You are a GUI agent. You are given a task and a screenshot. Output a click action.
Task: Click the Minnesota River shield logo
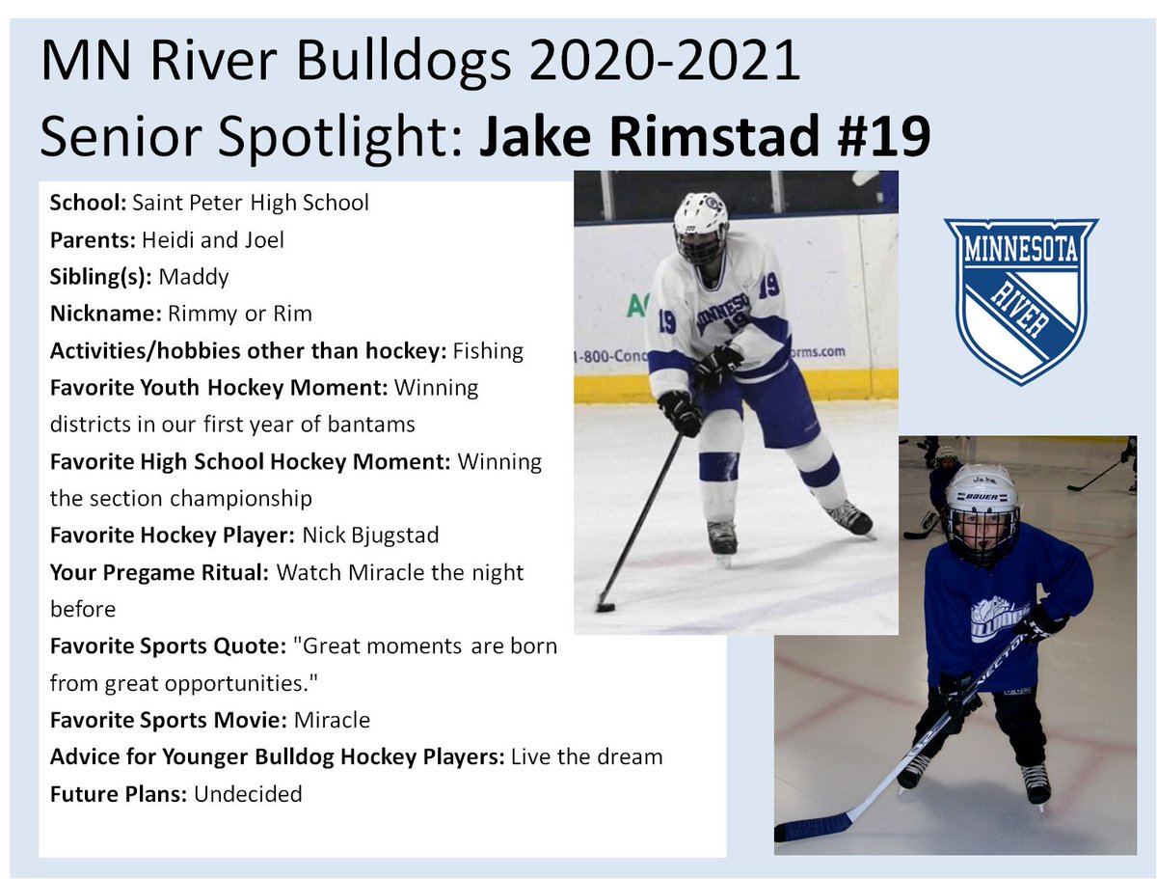coord(1020,300)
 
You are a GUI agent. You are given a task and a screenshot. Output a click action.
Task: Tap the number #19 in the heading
coord(880,137)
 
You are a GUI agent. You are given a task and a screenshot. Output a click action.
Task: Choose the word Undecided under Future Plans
coord(249,794)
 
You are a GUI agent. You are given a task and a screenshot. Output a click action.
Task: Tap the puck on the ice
coord(605,607)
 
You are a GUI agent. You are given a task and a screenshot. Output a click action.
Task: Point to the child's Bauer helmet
coord(982,492)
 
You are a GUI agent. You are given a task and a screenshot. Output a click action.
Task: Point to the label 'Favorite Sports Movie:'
coord(169,720)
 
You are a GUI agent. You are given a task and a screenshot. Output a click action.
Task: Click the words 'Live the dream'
coord(587,756)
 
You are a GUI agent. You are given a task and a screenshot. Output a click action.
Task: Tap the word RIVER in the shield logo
coord(1020,309)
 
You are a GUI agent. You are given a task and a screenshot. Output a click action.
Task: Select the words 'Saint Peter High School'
coord(251,203)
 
